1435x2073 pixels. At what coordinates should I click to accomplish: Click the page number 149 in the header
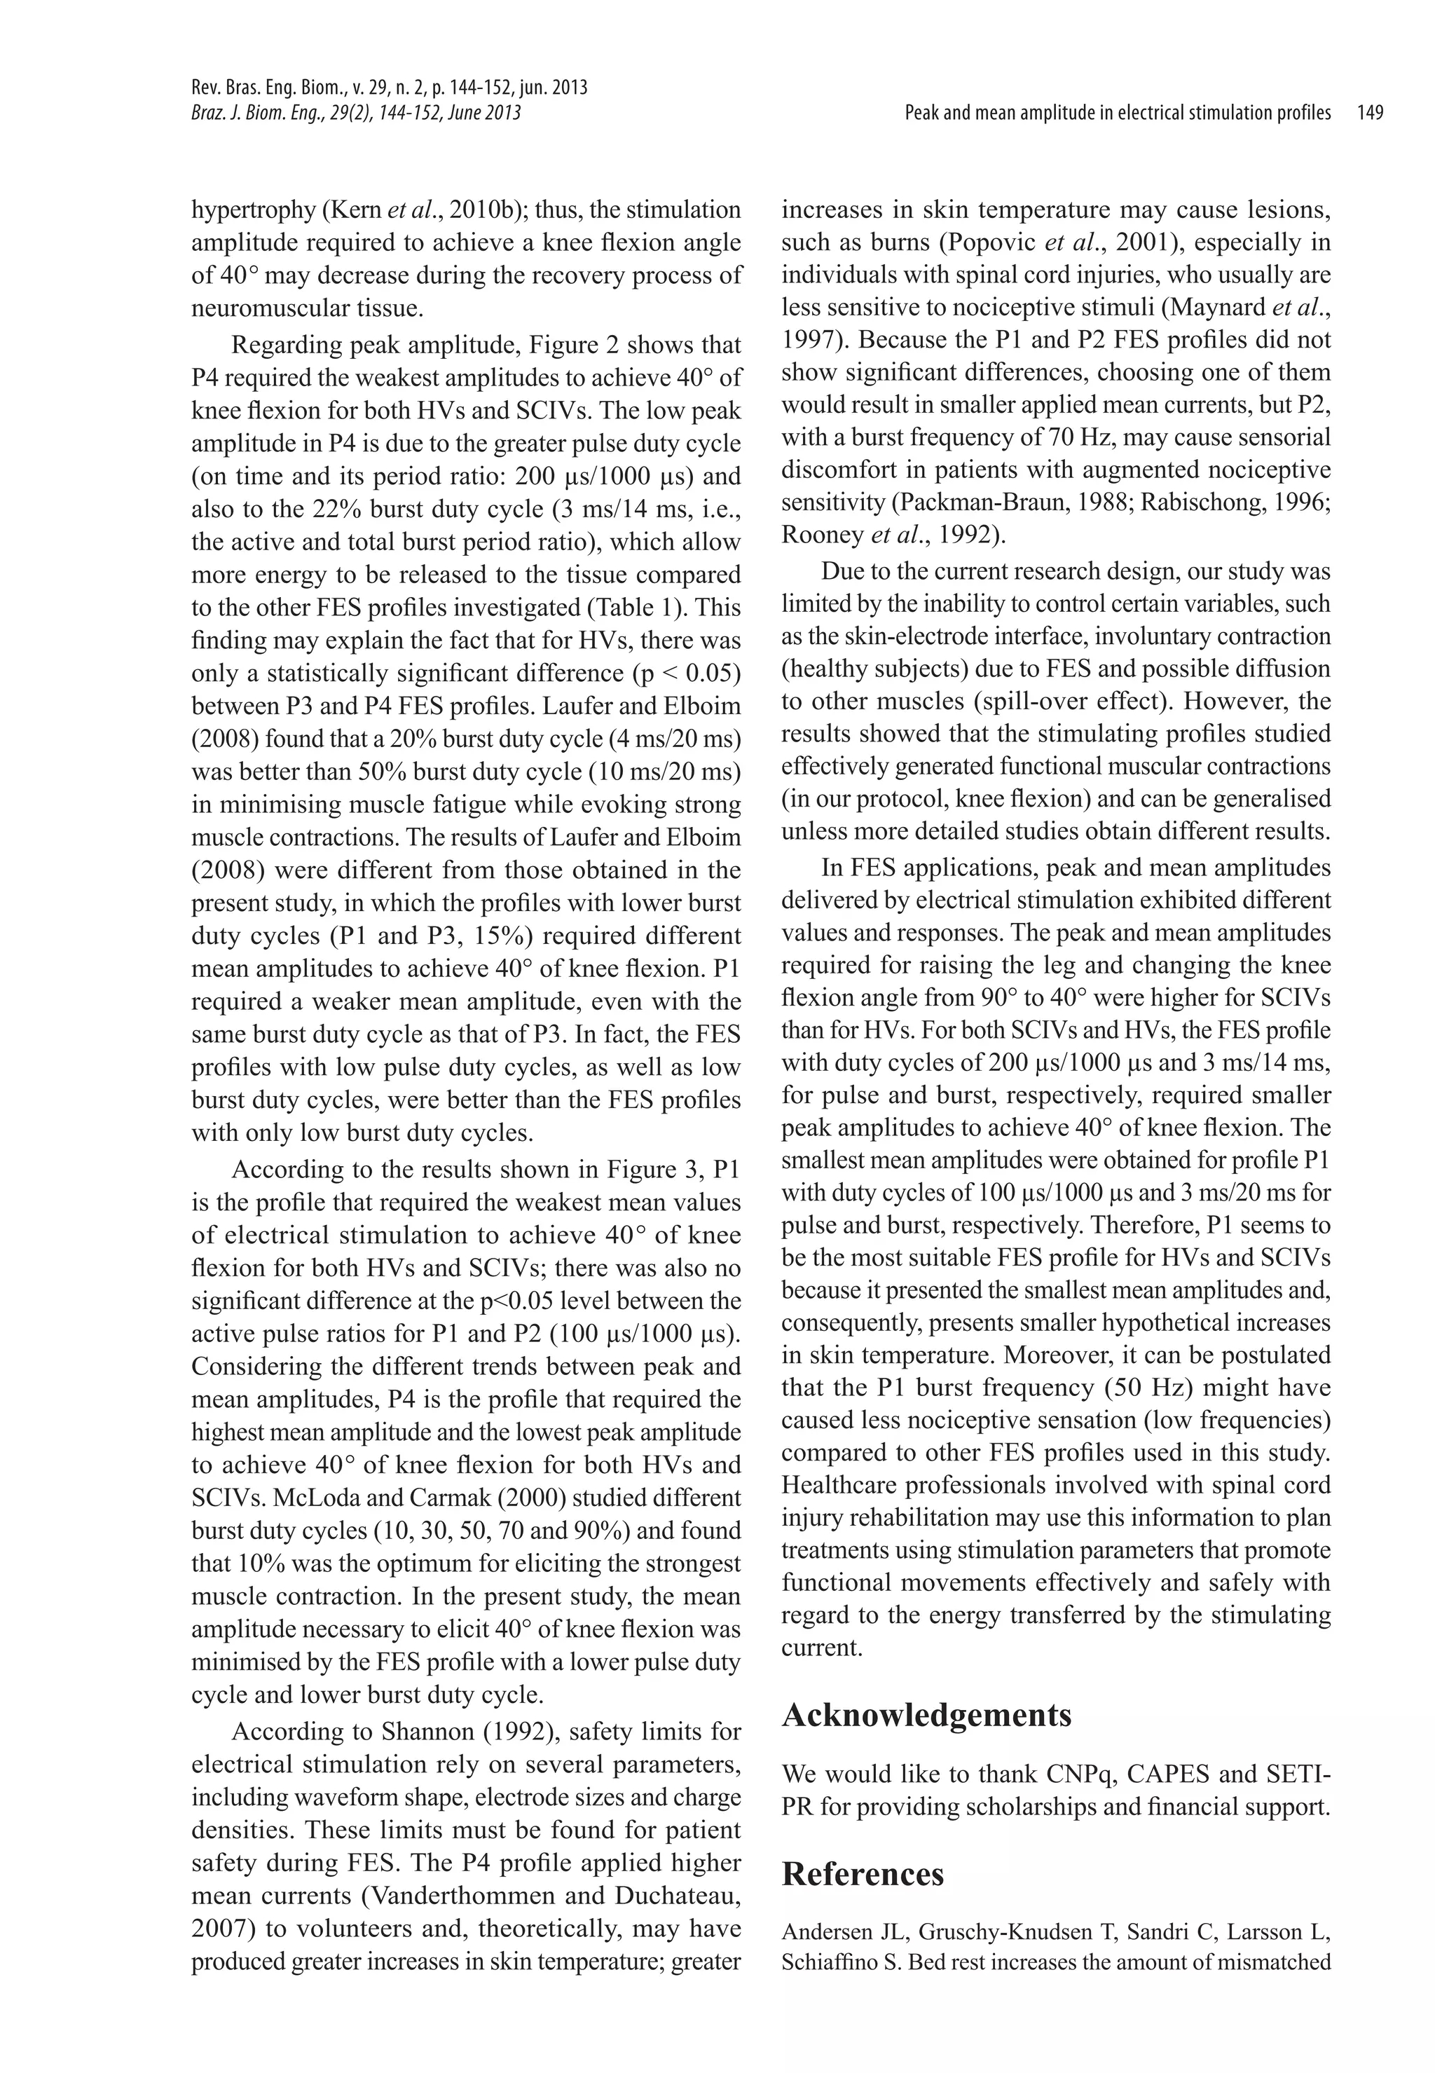1371,114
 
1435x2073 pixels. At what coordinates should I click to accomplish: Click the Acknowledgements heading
926,1715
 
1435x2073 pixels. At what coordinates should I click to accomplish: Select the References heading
863,1874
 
